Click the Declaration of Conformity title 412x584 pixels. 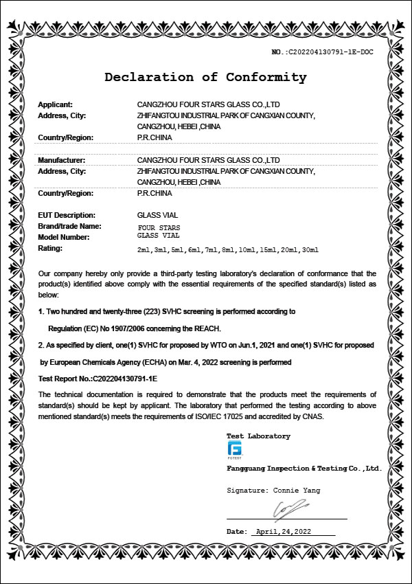205,77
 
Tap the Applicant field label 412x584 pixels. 55,104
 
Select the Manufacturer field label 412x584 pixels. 60,159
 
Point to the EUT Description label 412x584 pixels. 66,215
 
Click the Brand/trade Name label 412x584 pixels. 69,226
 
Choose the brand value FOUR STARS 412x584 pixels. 159,227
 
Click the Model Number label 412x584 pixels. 64,237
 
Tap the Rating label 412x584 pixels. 50,248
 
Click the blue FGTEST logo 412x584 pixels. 234,449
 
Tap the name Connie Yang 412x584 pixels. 297,491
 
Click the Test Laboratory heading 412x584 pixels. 258,436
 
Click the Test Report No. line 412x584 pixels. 98,378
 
